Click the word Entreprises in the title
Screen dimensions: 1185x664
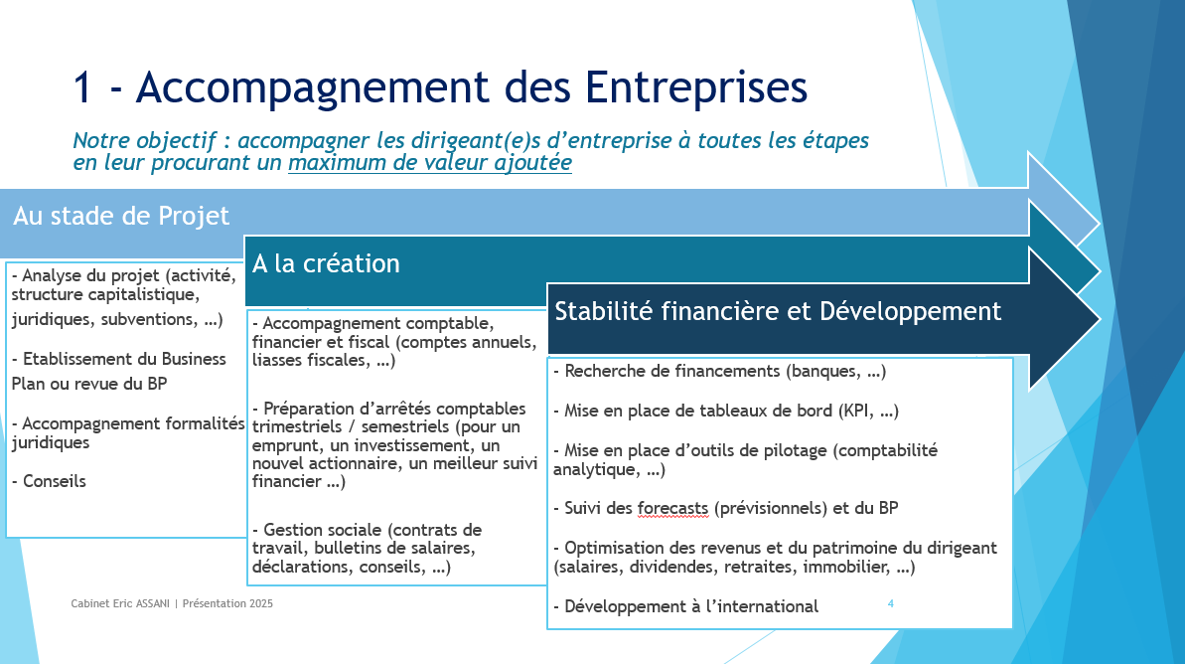click(696, 87)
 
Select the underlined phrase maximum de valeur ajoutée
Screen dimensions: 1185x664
click(430, 163)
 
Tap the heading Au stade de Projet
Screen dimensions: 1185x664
click(121, 217)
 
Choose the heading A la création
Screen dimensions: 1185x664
click(327, 264)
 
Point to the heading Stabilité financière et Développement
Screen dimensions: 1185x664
click(778, 311)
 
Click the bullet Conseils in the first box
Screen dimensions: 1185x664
click(49, 482)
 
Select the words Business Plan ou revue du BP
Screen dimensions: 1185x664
click(118, 372)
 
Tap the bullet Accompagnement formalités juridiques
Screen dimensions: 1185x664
click(128, 432)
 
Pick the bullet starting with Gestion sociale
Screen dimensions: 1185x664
click(367, 549)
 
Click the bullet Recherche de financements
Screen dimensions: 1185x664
click(719, 372)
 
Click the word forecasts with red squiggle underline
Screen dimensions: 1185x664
click(672, 508)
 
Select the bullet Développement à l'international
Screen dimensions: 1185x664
click(685, 606)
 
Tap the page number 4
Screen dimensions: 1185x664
click(891, 603)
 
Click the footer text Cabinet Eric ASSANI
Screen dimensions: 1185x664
click(120, 603)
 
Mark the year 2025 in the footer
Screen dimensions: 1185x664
click(260, 603)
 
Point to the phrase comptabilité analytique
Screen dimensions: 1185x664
click(745, 460)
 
